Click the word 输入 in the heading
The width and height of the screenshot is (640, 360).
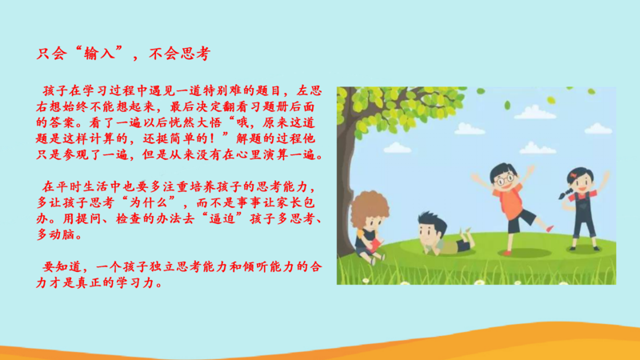click(98, 54)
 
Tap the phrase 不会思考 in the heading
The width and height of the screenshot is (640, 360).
click(179, 54)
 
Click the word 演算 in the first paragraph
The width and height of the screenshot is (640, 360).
click(276, 154)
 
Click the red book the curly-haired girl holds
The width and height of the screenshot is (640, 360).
click(374, 246)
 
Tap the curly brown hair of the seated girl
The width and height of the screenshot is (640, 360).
click(369, 208)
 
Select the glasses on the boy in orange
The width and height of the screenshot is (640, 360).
click(506, 178)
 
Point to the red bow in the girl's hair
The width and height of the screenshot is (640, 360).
click(574, 175)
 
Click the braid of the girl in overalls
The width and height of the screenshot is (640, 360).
click(565, 193)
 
